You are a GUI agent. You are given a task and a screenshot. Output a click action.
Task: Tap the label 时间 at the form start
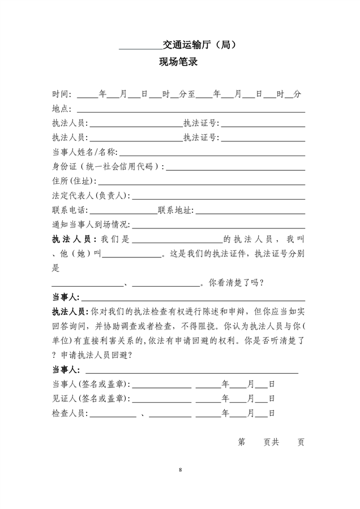click(61, 94)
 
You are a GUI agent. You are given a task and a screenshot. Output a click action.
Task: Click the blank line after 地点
click(191, 109)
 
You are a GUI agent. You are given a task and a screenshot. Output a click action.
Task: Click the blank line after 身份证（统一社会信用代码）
click(235, 167)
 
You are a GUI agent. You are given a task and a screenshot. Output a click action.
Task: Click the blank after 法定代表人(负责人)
click(218, 196)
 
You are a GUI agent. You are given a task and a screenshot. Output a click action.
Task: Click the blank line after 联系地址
click(250, 211)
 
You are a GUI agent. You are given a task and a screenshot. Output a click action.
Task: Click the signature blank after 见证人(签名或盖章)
click(161, 399)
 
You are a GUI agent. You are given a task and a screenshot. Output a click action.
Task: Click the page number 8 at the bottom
click(180, 470)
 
